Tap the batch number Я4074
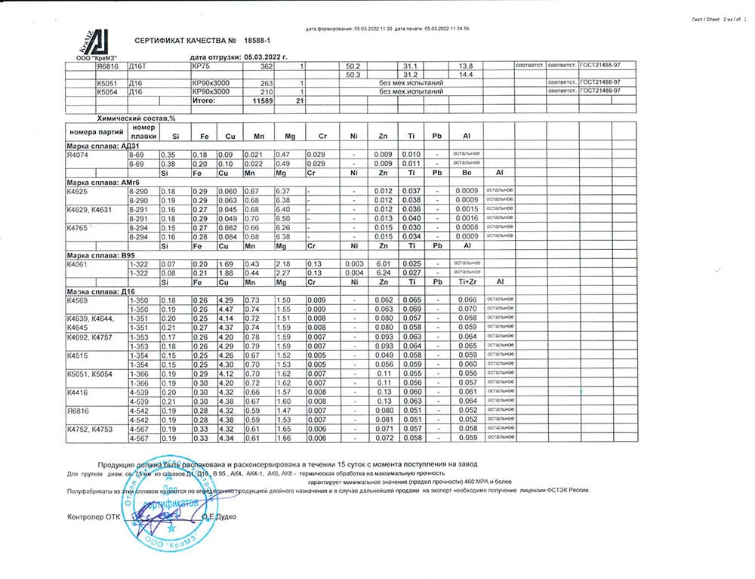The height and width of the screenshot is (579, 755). tap(79, 153)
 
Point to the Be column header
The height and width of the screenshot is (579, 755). tap(467, 173)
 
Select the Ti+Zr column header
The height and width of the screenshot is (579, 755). tap(467, 282)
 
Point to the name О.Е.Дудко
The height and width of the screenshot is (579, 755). tap(220, 516)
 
